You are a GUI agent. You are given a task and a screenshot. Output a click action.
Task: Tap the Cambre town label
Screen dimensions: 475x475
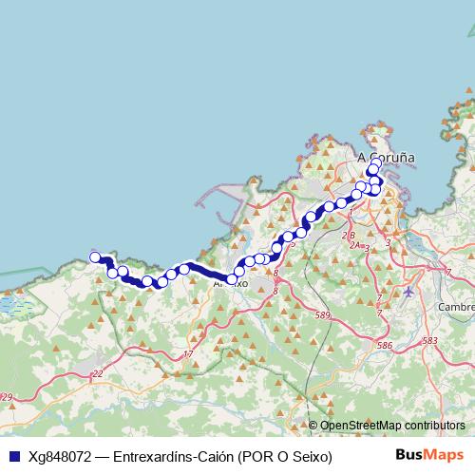pyautogui.click(x=455, y=307)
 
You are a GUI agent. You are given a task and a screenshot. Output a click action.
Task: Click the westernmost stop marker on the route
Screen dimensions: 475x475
pyautogui.click(x=94, y=256)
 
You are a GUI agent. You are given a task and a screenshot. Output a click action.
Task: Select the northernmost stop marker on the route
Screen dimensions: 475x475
pyautogui.click(x=376, y=162)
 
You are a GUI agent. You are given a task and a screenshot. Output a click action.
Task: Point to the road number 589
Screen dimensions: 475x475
pyautogui.click(x=323, y=314)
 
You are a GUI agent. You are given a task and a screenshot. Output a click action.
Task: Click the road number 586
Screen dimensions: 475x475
pyautogui.click(x=384, y=345)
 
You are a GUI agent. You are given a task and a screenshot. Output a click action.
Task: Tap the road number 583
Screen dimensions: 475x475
pyautogui.click(x=429, y=339)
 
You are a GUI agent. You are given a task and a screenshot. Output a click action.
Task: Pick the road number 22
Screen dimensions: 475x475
pyautogui.click(x=97, y=374)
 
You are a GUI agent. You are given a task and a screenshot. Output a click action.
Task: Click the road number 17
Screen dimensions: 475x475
pyautogui.click(x=187, y=354)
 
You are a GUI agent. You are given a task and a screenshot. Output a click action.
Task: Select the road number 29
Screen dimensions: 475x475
pyautogui.click(x=8, y=397)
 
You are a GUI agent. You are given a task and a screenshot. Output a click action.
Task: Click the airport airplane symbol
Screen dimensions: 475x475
pyautogui.click(x=408, y=292)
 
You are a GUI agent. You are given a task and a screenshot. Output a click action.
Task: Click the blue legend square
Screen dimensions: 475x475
pyautogui.click(x=13, y=456)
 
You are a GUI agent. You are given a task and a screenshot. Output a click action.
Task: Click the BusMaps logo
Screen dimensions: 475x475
pyautogui.click(x=428, y=455)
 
